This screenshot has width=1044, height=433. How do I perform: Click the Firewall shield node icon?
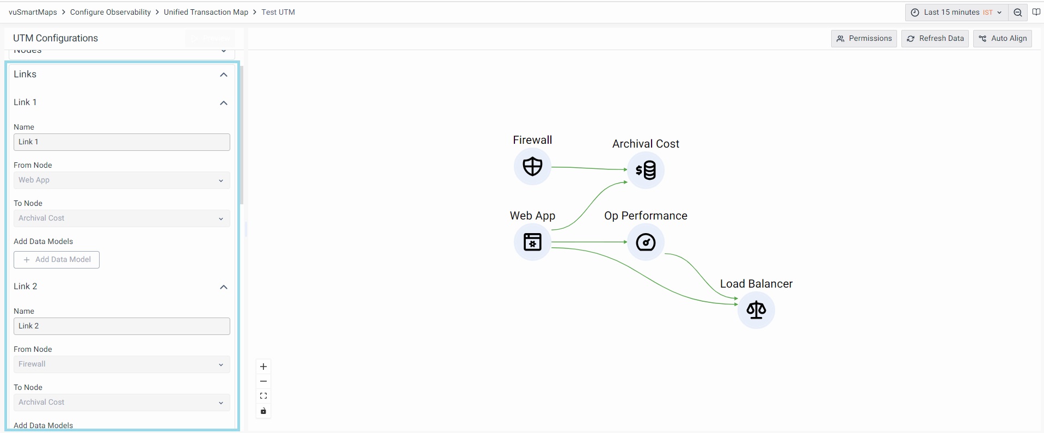(x=532, y=167)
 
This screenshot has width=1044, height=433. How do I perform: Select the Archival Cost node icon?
(x=646, y=170)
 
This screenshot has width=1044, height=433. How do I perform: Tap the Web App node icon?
(x=532, y=242)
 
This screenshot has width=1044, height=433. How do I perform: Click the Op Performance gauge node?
(x=646, y=242)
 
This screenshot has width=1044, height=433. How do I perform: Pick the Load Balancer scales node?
(x=756, y=310)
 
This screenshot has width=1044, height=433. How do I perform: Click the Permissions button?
(x=864, y=39)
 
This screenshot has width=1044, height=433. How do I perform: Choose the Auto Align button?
(x=1002, y=39)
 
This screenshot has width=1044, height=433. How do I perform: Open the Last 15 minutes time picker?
(x=956, y=13)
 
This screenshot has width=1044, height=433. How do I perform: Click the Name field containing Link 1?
(x=121, y=142)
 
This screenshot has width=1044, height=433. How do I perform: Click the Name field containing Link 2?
(x=121, y=326)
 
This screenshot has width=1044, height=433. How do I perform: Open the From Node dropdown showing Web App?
(x=121, y=180)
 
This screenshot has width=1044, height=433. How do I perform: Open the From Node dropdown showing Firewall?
(x=121, y=364)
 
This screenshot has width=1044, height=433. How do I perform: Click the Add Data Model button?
(x=57, y=260)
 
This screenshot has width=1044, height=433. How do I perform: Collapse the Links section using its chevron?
(x=224, y=75)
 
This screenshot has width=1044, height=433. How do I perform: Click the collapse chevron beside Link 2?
(x=224, y=287)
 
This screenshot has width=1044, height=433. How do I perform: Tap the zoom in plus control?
(x=263, y=367)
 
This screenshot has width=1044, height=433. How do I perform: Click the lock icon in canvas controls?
(x=263, y=411)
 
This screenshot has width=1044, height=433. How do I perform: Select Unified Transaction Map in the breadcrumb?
(x=206, y=12)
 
